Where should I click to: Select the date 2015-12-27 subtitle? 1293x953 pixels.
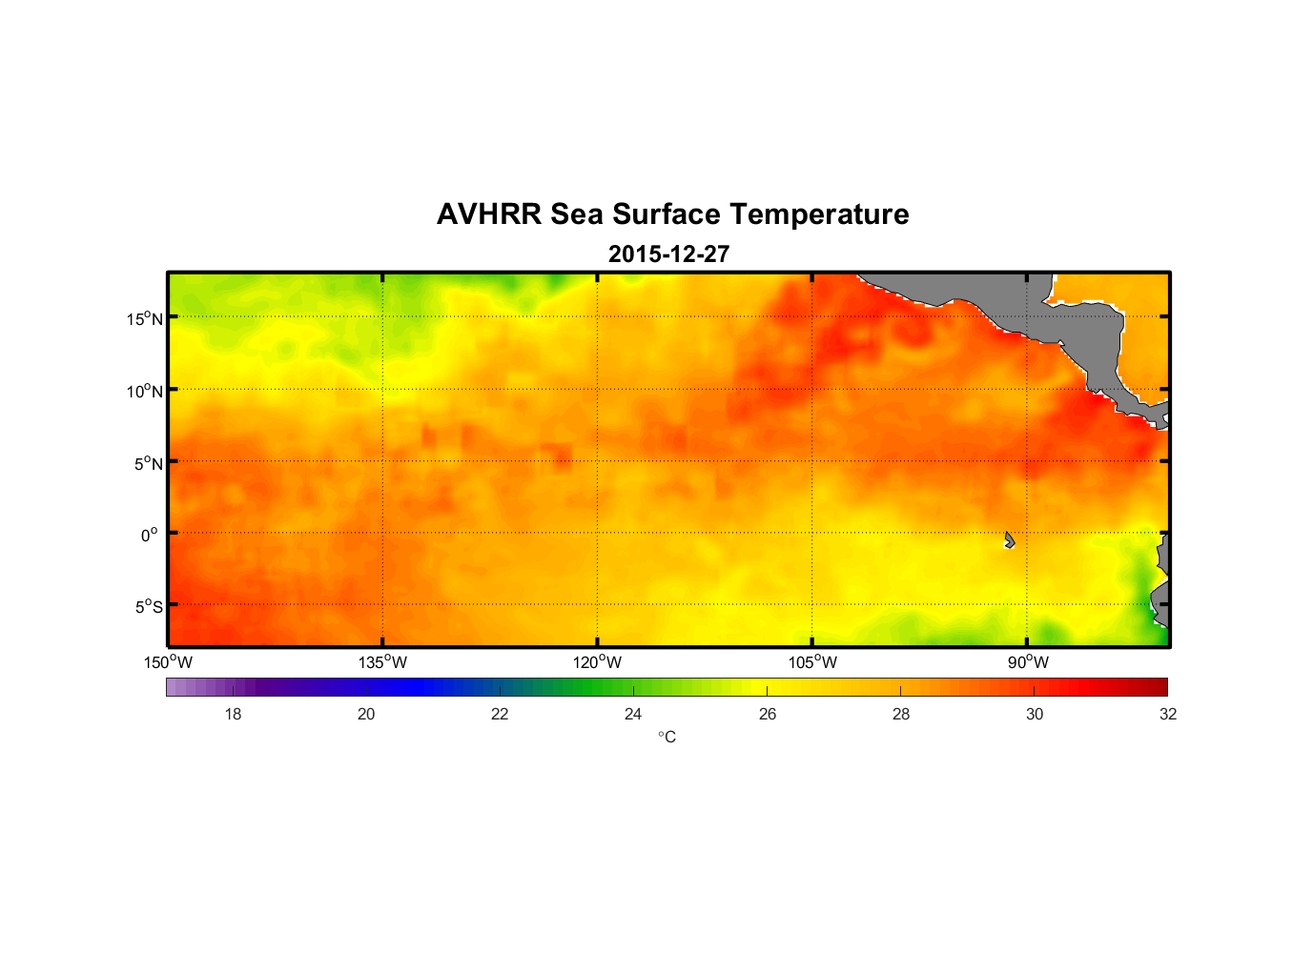coord(668,254)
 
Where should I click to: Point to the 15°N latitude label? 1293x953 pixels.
coord(145,318)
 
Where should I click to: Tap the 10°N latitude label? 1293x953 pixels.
coord(145,391)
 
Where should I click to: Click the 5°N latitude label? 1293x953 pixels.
coord(149,463)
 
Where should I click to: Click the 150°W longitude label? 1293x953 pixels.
coord(169,662)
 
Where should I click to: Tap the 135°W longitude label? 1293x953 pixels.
coord(383,662)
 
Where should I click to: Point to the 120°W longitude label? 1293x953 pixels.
coord(598,662)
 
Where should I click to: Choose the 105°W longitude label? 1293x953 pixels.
coord(812,662)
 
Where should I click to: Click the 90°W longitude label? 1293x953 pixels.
coord(1028,662)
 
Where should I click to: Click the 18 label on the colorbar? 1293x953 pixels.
coord(233,714)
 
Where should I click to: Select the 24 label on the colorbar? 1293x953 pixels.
coord(633,714)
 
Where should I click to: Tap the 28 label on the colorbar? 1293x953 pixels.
coord(901,714)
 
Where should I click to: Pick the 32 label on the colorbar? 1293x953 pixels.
coord(1168,714)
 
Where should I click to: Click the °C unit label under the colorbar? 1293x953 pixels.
coord(667,737)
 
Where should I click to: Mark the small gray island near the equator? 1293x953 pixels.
coord(1009,540)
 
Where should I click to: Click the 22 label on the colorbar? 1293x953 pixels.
coord(500,714)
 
